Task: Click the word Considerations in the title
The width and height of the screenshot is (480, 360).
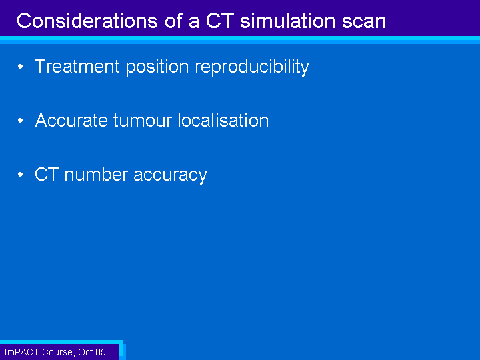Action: [x=87, y=21]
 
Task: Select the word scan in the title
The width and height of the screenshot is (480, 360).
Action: [x=364, y=23]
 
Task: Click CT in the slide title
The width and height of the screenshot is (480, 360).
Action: [x=220, y=21]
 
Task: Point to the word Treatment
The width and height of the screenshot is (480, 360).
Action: [x=77, y=66]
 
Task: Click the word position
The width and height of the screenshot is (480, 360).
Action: [x=157, y=67]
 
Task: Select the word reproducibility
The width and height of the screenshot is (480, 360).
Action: [x=252, y=67]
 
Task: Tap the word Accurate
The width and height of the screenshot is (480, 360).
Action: [x=71, y=120]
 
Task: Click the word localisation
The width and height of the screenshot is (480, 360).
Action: [x=223, y=120]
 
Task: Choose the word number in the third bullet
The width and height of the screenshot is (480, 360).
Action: [x=96, y=175]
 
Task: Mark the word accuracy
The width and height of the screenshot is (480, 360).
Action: [x=171, y=176]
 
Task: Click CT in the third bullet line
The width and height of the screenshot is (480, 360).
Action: [x=47, y=175]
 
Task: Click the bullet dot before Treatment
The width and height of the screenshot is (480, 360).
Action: [x=21, y=67]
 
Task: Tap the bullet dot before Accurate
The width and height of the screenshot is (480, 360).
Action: [x=21, y=121]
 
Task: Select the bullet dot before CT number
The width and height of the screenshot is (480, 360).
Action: [x=21, y=175]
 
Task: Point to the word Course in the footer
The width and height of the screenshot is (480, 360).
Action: [x=58, y=353]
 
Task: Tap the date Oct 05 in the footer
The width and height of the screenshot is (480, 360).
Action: [x=92, y=352]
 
